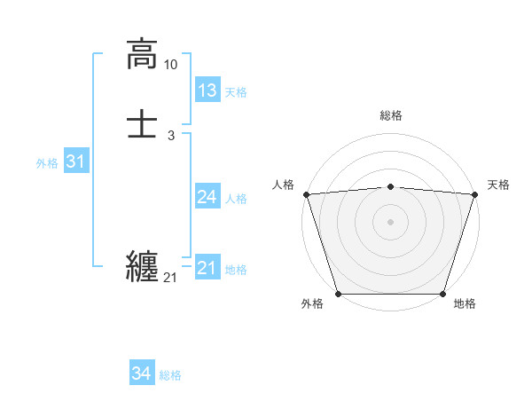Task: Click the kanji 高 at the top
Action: (142, 54)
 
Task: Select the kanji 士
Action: (142, 123)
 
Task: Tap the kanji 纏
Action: (142, 266)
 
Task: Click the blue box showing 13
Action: (207, 90)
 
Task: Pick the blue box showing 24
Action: (207, 197)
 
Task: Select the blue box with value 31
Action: (75, 161)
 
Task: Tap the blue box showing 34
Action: (141, 374)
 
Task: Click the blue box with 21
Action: (207, 268)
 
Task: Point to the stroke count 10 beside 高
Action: (171, 65)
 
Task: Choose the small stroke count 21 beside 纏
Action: (171, 279)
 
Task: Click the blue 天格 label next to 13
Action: (236, 92)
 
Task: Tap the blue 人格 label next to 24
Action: (236, 199)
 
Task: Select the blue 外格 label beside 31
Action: (47, 163)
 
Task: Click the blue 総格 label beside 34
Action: (170, 375)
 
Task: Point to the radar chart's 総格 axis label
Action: (391, 115)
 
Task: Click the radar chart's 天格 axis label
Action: (498, 185)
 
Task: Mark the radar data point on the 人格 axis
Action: (306, 194)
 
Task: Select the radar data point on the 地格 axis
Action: (443, 294)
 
